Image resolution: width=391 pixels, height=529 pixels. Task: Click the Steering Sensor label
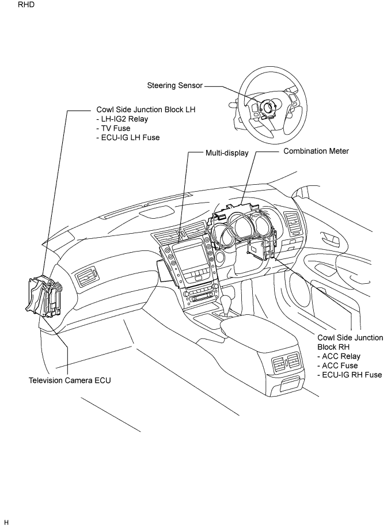pyautogui.click(x=174, y=85)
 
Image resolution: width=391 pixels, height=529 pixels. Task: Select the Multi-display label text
pyautogui.click(x=227, y=153)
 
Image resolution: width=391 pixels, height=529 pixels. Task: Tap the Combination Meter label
pyautogui.click(x=316, y=151)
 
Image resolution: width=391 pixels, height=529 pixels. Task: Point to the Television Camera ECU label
pyautogui.click(x=70, y=380)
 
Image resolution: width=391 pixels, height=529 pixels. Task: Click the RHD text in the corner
pyautogui.click(x=26, y=5)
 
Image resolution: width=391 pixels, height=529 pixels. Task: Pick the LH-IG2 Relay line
pyautogui.click(x=122, y=119)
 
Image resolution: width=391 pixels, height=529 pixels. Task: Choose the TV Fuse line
pyautogui.click(x=113, y=128)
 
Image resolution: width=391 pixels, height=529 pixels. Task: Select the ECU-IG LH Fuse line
pyautogui.click(x=128, y=138)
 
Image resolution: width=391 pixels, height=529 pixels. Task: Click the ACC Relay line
pyautogui.click(x=339, y=356)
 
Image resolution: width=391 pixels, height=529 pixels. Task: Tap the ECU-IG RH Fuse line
pyautogui.click(x=350, y=375)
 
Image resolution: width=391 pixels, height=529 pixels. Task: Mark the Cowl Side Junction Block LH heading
pyautogui.click(x=146, y=109)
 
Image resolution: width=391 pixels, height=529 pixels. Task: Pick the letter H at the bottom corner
pyautogui.click(x=6, y=523)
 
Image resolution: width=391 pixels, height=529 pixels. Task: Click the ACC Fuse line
pyautogui.click(x=337, y=366)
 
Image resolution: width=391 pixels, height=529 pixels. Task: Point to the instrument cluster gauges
pyautogui.click(x=244, y=227)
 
